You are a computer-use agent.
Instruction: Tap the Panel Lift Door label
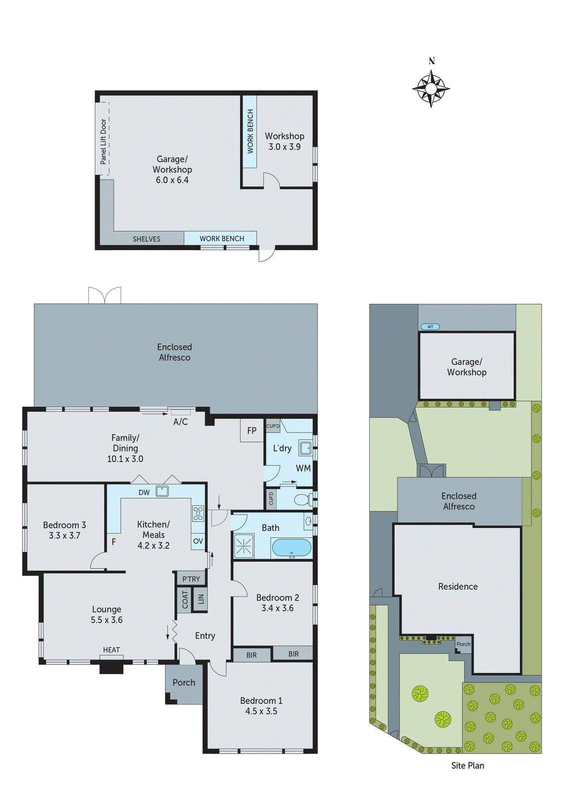point(103,141)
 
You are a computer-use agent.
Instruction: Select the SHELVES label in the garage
point(147,239)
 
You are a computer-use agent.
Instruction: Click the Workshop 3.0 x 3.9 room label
point(284,142)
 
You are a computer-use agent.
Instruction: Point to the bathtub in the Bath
point(291,548)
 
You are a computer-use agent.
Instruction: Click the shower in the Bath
point(244,546)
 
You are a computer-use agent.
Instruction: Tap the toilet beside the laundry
point(302,499)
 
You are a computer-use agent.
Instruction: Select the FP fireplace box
point(252,430)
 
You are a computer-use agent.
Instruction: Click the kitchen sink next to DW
point(162,491)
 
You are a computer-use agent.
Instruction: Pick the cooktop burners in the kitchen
point(198,513)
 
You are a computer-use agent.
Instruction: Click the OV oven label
point(198,541)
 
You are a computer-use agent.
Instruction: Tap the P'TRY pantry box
point(191,579)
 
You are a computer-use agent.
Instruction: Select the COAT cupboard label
point(185,599)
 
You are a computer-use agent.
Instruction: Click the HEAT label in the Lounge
point(111,650)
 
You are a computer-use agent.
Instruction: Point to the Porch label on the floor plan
point(184,682)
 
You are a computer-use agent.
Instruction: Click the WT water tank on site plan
point(430,327)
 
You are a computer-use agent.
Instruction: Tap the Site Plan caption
point(467,766)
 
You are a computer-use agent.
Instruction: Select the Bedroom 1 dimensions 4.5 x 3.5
point(261,711)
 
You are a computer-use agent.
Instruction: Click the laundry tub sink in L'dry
point(305,448)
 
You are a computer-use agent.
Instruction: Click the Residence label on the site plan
point(458,587)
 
